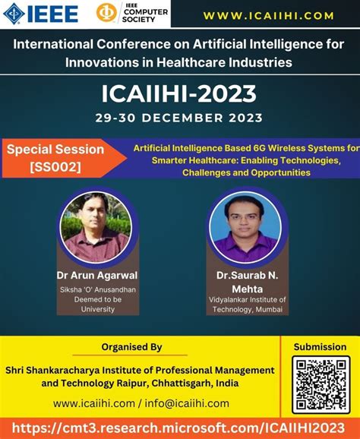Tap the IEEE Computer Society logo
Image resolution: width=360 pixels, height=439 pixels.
tap(132, 14)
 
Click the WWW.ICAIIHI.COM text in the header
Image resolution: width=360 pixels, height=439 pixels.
tap(269, 15)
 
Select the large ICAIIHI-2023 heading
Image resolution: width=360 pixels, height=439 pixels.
tap(180, 93)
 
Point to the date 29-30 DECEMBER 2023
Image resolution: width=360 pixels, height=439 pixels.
tap(180, 118)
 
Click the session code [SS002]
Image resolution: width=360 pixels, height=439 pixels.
tap(55, 167)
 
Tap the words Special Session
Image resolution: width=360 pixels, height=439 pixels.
tap(55, 150)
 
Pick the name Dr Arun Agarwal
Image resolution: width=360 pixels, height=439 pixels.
tap(96, 275)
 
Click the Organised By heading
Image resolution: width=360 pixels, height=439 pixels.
tap(132, 347)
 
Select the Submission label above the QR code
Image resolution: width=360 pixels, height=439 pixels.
tap(321, 347)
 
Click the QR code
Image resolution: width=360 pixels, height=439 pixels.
tap(321, 385)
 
